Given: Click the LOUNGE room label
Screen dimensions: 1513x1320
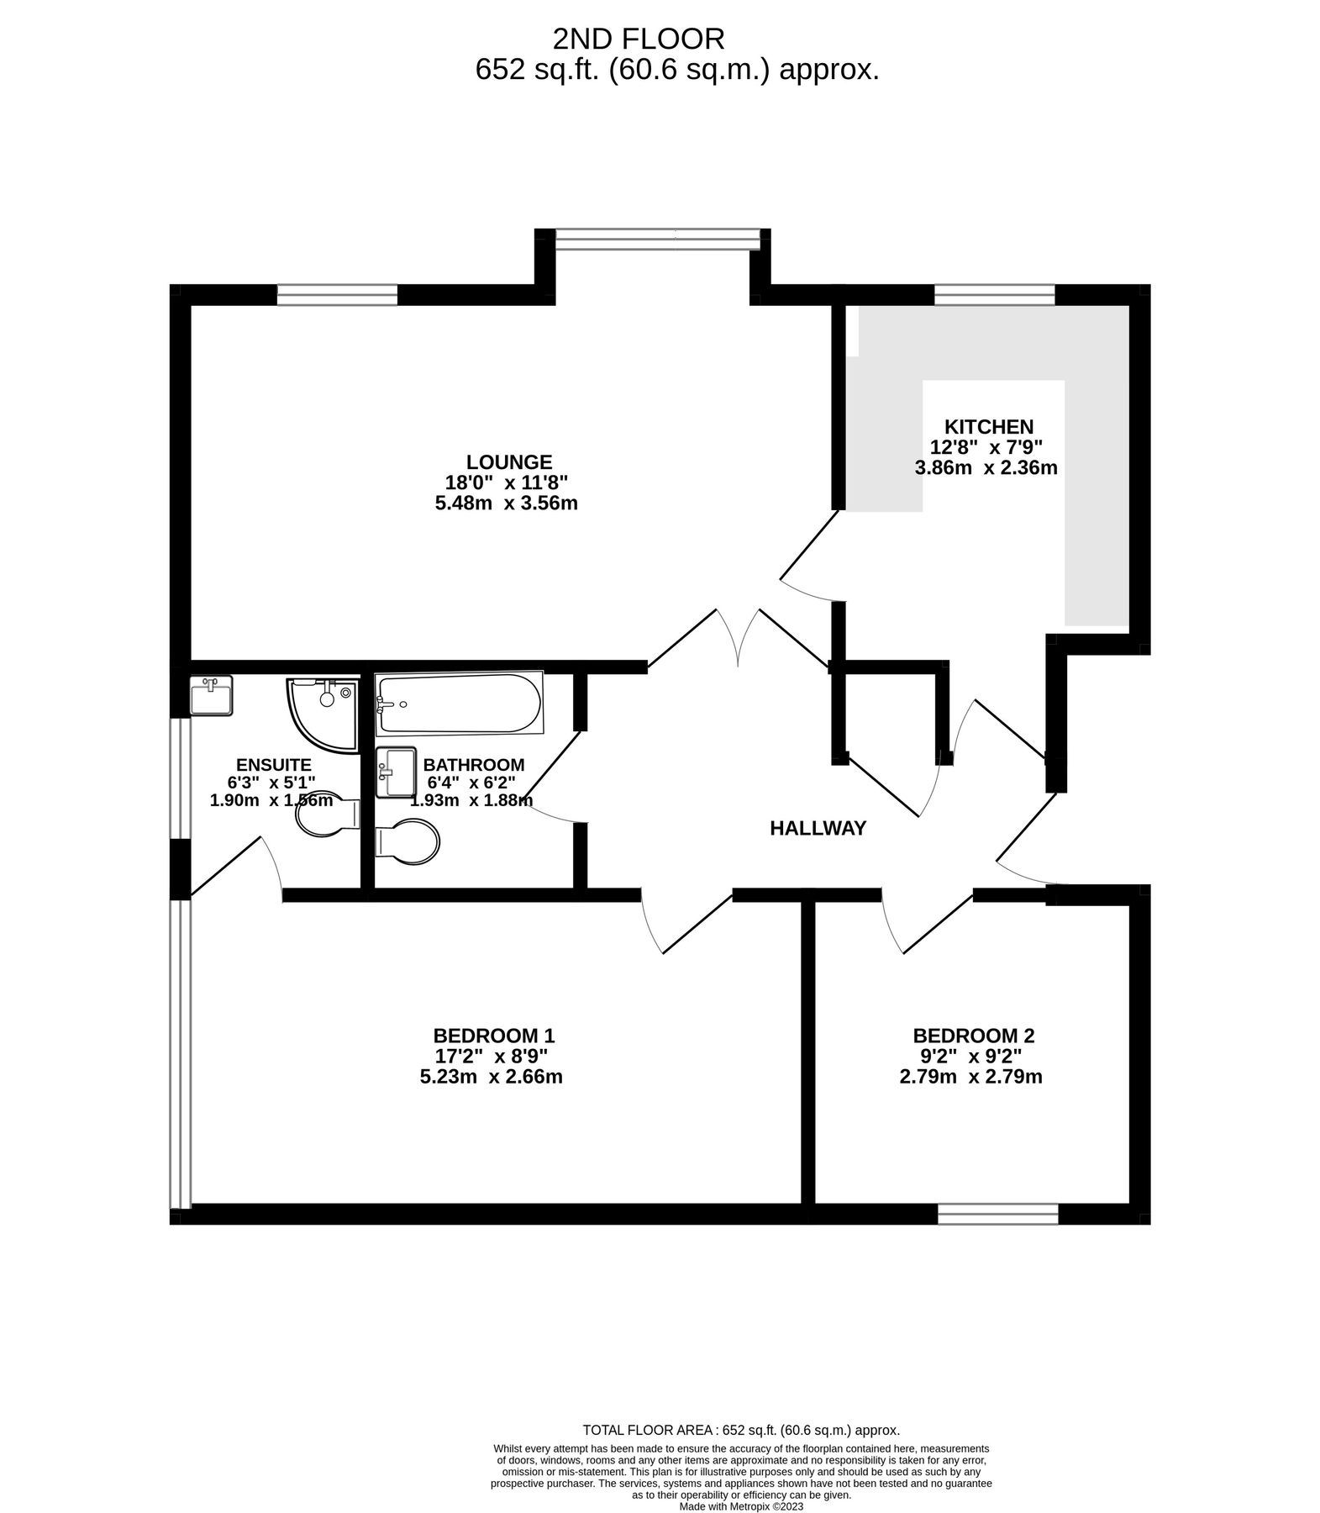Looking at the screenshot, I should coord(509,461).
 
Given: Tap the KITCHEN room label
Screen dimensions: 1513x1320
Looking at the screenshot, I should coord(988,426).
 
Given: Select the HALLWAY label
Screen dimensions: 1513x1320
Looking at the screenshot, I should coord(818,829).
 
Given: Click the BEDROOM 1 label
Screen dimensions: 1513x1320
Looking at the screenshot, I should coord(493,1035).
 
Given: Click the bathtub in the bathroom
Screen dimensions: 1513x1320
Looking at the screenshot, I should coord(459,704).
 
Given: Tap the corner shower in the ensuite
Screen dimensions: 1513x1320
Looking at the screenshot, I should coord(320,712).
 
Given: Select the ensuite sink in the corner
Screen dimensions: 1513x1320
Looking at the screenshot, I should coord(210,696).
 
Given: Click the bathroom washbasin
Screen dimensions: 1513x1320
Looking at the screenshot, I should coord(396,772).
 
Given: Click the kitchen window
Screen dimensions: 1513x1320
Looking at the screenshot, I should coord(994,294).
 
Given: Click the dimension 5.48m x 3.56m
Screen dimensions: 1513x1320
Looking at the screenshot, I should coord(505,503).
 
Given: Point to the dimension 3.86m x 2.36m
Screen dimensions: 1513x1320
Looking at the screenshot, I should coord(986,468).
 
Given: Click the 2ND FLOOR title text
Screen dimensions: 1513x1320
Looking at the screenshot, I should coord(638,38).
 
